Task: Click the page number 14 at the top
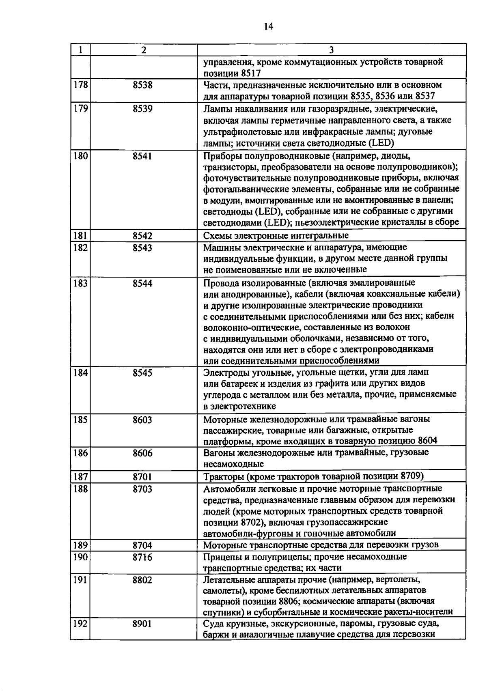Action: point(268,27)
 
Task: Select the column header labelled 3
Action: point(331,50)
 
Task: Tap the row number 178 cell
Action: point(80,86)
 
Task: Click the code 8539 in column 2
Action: point(142,109)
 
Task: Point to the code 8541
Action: point(142,156)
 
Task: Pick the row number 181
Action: point(80,236)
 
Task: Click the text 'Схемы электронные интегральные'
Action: point(276,236)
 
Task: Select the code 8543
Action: point(142,248)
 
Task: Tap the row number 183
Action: point(80,283)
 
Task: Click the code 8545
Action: point(142,372)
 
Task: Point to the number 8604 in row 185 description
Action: point(427,441)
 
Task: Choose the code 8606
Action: point(142,453)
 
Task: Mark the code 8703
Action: point(142,489)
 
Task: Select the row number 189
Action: point(80,545)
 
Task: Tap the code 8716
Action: point(142,557)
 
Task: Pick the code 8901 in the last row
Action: point(142,624)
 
